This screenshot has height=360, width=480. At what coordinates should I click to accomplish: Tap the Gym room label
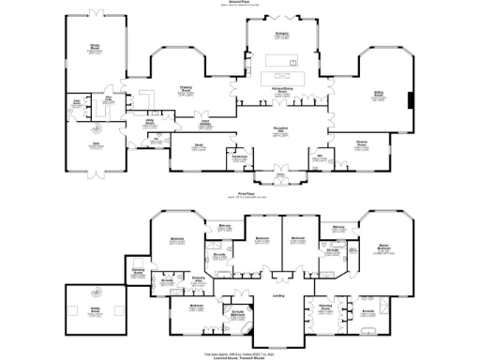click(96, 143)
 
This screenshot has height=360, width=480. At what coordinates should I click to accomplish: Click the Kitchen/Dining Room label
click(279, 89)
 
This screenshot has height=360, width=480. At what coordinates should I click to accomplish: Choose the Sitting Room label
click(380, 95)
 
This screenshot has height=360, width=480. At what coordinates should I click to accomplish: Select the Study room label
click(199, 145)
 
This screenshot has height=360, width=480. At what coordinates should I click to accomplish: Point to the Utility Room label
click(149, 123)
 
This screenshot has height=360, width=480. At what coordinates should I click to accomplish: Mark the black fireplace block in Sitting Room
click(409, 99)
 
